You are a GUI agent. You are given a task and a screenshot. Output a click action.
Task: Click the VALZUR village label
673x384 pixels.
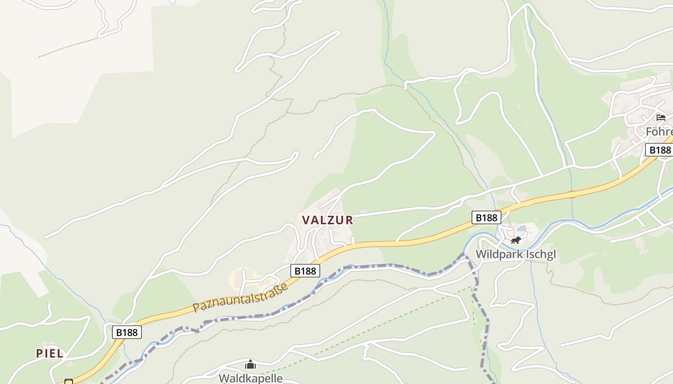click(327, 220)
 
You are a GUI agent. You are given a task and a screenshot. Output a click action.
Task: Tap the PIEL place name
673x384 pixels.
click(50, 354)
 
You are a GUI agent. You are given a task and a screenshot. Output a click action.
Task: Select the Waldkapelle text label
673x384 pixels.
click(250, 378)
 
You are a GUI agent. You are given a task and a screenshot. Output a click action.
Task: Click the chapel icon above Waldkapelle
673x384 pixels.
click(250, 365)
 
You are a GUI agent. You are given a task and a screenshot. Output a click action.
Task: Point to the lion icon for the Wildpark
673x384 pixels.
click(516, 240)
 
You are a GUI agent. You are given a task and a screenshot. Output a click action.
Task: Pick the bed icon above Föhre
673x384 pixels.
click(661, 117)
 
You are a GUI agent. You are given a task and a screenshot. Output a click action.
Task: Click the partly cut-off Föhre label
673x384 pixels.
click(659, 132)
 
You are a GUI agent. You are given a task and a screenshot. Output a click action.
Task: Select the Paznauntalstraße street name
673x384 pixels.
click(240, 298)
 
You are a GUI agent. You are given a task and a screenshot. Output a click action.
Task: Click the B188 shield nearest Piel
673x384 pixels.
click(127, 332)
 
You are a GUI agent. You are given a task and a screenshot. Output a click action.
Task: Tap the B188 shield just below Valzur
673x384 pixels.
click(305, 271)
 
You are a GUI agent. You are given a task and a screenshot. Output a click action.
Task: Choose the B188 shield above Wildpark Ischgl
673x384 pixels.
click(486, 217)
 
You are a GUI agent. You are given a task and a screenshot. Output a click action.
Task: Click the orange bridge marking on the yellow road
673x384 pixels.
click(572, 194)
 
